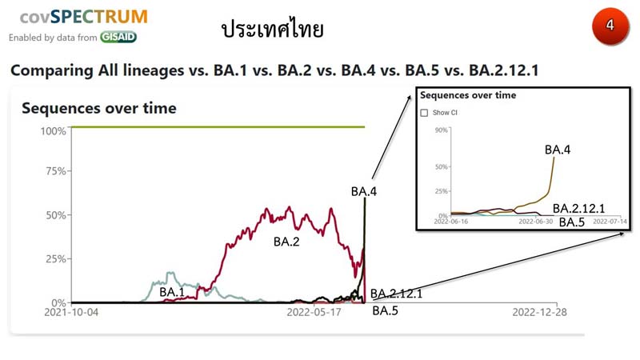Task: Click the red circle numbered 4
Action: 610,26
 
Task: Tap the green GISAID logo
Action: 118,37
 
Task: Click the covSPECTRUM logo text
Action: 84,17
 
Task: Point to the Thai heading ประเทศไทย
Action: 272,29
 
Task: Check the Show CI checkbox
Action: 425,113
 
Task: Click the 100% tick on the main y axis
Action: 53,131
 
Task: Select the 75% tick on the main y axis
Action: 55,171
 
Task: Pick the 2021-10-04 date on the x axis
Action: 71,312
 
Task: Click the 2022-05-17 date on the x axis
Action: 314,312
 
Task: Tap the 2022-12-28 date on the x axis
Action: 539,312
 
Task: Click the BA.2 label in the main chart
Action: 286,242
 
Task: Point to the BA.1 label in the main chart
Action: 172,292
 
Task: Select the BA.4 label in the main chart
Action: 364,191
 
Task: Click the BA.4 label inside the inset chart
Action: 558,150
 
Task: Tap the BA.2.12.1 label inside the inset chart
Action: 578,209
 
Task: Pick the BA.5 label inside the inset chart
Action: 572,222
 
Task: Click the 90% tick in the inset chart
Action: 442,130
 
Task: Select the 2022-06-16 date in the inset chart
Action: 451,222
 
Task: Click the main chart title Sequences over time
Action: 99,108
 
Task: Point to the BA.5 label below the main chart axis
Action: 385,310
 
